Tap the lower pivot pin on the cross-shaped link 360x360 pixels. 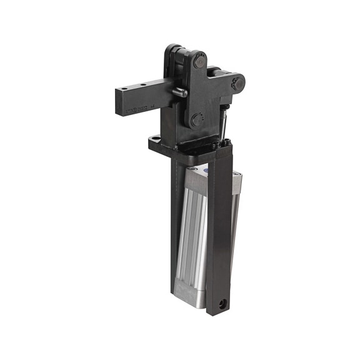click(x=197, y=119)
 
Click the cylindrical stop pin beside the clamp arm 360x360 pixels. click(x=179, y=93)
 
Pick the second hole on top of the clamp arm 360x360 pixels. click(x=144, y=85)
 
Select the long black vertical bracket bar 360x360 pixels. click(x=219, y=237)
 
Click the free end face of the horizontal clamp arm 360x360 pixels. click(x=119, y=103)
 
